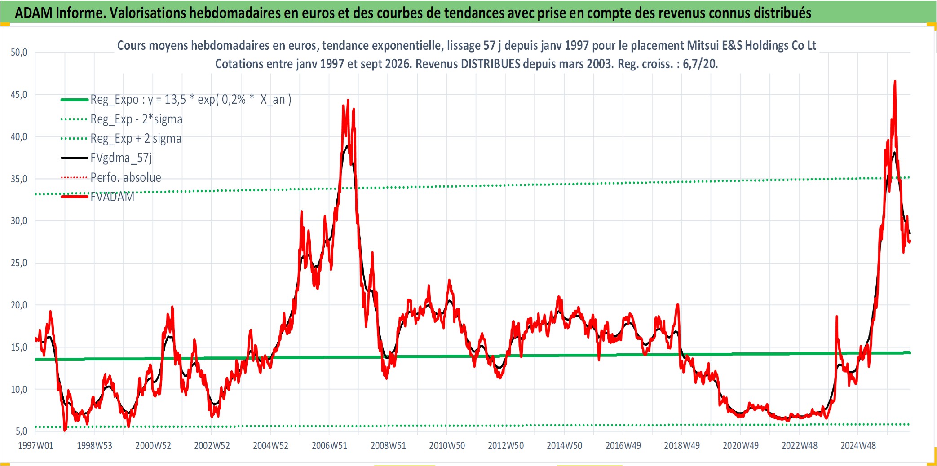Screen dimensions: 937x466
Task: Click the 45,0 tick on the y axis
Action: (19, 95)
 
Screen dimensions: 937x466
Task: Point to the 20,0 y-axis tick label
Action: (19, 305)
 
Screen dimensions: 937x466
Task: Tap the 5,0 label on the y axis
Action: (21, 431)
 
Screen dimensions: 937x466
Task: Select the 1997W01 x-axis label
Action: (35, 446)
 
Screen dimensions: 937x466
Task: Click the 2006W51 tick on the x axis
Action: (329, 446)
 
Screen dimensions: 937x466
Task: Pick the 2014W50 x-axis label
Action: (564, 446)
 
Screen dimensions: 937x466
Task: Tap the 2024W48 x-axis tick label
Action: (858, 446)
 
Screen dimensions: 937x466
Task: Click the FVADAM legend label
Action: (112, 197)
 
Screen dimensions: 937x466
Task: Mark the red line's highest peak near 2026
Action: (895, 82)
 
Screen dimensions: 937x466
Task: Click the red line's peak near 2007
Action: (348, 100)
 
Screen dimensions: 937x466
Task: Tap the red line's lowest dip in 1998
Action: (65, 430)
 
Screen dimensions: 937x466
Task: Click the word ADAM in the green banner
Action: (34, 13)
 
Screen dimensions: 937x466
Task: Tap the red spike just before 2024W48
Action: (837, 317)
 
